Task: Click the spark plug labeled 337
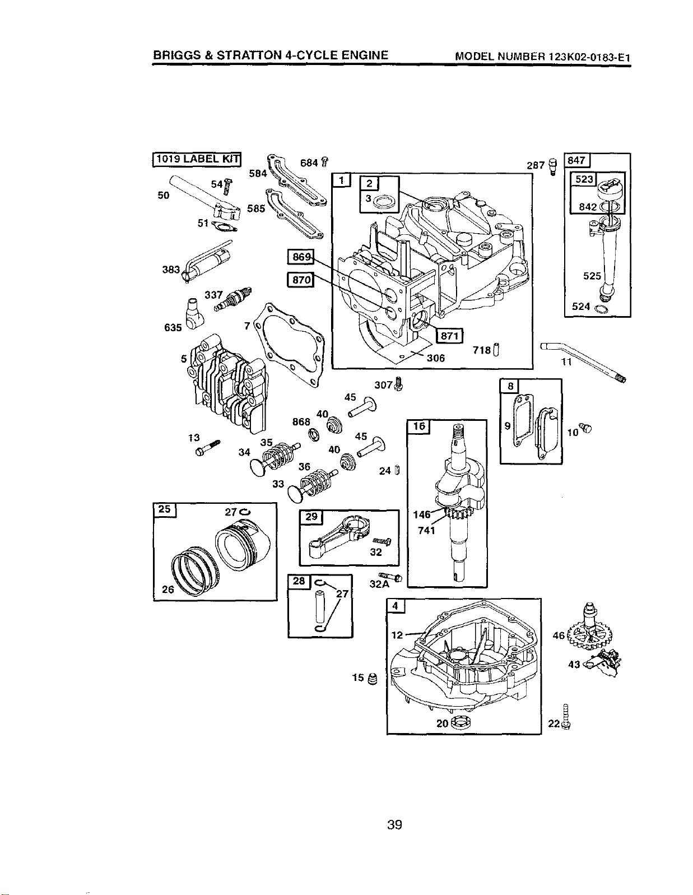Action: point(233,300)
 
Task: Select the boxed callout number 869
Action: point(300,257)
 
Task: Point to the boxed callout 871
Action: point(449,335)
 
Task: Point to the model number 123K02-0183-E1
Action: point(589,57)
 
